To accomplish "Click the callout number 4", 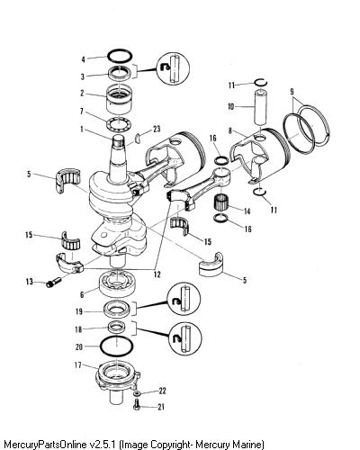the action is [x=84, y=59].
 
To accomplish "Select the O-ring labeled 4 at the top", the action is [x=120, y=51].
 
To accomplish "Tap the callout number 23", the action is [x=157, y=129].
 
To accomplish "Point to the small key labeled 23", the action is [x=139, y=137].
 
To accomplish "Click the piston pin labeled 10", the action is [x=260, y=106].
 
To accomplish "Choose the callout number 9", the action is [x=292, y=92].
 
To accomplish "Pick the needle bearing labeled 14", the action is [x=222, y=202].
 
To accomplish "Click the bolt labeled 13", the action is [x=53, y=283].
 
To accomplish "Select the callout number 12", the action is [x=157, y=274].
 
